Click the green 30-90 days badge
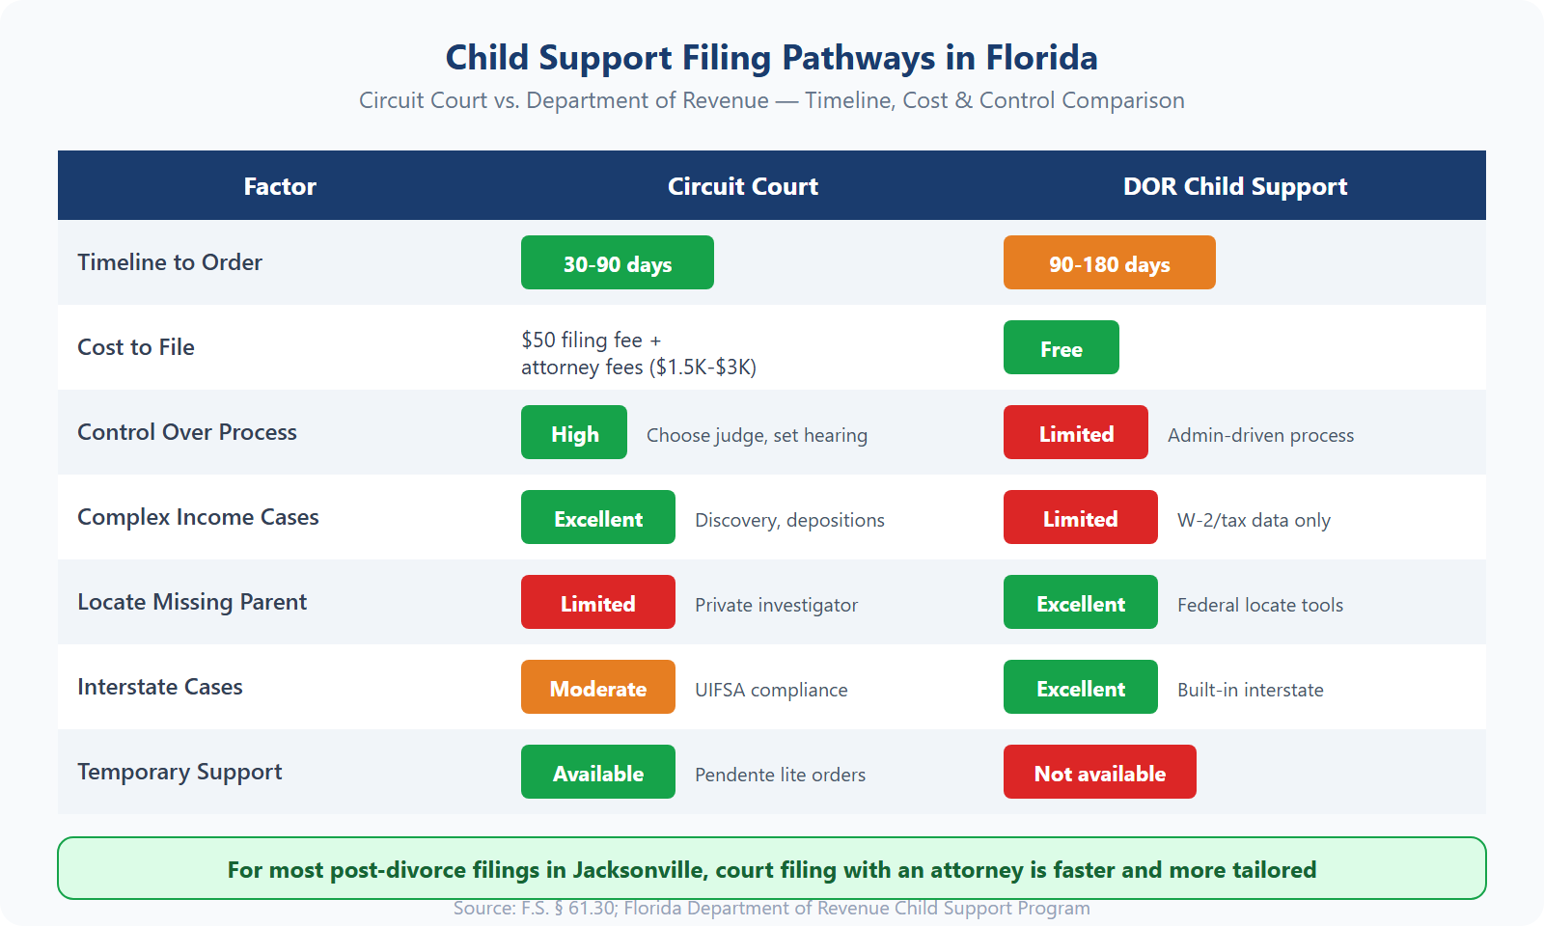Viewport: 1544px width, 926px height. pos(618,262)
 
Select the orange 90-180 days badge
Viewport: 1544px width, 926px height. pos(1110,262)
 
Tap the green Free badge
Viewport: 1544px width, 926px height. pos(1061,347)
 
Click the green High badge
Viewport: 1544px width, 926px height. pos(574,432)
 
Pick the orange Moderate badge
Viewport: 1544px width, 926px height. pos(598,687)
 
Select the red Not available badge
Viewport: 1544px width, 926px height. pos(1100,772)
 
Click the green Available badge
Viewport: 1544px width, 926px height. pos(598,772)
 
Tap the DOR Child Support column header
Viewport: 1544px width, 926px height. pos(1235,186)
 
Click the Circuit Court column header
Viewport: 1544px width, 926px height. pos(743,186)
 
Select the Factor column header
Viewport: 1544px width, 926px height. pos(280,186)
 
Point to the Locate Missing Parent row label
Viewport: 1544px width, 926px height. pos(192,602)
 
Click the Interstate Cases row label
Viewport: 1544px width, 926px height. pos(160,687)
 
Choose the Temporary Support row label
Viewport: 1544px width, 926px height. pos(179,772)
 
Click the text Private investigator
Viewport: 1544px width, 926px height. pos(776,605)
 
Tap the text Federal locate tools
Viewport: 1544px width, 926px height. pos(1260,605)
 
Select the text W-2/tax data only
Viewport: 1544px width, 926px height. pos(1254,520)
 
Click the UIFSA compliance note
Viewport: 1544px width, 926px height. pos(771,690)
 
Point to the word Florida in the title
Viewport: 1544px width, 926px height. pos(1041,58)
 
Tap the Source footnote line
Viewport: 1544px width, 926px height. pos(772,908)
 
